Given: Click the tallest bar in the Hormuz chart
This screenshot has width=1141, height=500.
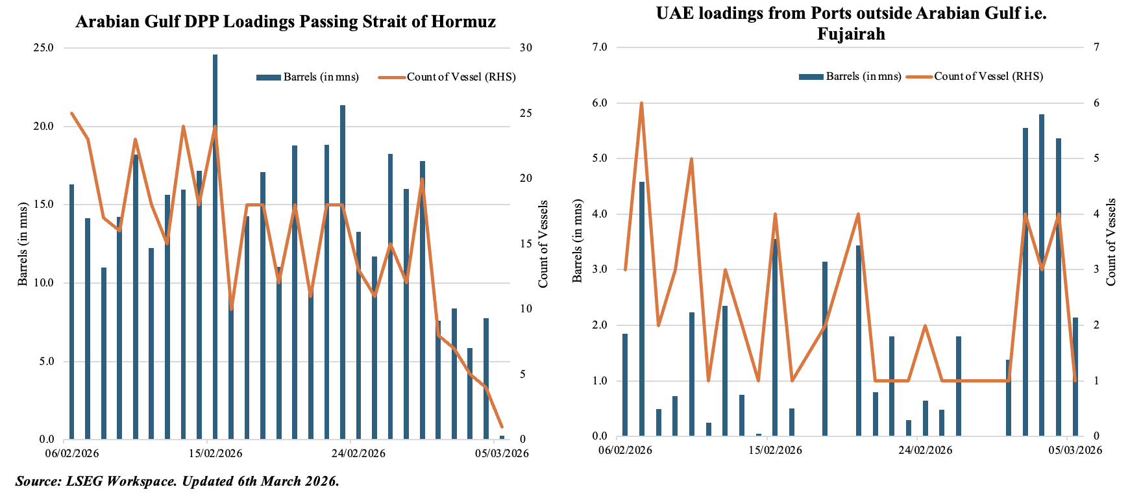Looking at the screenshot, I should (215, 247).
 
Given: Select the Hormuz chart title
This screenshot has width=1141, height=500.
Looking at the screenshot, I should (286, 22).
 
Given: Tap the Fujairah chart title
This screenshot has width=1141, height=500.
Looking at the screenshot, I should (851, 23).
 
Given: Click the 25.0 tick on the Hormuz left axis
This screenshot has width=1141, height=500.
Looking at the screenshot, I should (43, 48).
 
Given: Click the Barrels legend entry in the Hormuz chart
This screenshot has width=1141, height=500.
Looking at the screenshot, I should (308, 77).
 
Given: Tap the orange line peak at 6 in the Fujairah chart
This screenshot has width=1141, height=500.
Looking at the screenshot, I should (641, 103).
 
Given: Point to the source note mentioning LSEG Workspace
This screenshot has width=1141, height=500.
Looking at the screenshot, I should (177, 482).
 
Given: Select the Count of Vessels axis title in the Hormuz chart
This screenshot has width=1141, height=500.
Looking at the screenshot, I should (543, 244).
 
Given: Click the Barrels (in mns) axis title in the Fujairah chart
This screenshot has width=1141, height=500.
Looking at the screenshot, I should (577, 242).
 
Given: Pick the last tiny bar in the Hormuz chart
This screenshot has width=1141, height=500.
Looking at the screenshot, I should (502, 438).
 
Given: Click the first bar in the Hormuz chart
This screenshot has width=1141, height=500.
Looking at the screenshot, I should (71, 312).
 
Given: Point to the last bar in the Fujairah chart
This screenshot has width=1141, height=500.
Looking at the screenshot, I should (1075, 377).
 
